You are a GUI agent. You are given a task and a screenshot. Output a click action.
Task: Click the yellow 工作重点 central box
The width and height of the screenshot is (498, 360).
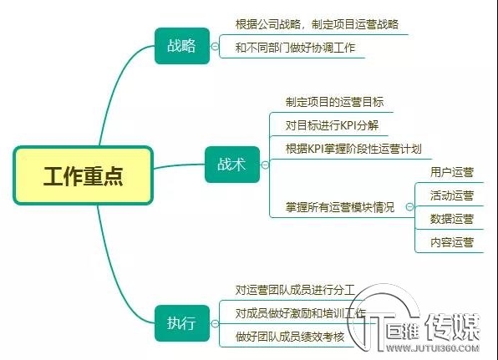(84, 175)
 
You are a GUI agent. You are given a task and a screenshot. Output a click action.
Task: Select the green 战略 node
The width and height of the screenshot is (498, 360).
(182, 46)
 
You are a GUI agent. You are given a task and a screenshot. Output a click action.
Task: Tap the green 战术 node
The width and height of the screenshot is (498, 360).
(232, 165)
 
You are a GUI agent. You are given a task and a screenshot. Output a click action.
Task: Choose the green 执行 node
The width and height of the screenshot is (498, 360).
(182, 323)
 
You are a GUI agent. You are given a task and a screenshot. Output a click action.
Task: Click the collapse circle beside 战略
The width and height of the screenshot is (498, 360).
(215, 46)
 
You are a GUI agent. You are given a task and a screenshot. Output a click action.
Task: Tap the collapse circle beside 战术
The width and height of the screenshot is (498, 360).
(265, 165)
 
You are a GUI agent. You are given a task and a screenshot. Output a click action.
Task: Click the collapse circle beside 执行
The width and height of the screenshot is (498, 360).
(215, 323)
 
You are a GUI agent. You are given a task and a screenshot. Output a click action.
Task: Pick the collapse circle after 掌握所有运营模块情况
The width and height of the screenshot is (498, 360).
(410, 207)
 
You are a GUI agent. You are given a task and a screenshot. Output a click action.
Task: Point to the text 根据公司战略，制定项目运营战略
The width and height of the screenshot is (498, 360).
(317, 24)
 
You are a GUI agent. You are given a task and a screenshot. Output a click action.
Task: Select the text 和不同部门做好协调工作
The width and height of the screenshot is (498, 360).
(295, 48)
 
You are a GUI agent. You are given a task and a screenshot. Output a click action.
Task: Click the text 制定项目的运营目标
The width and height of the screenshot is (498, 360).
(334, 102)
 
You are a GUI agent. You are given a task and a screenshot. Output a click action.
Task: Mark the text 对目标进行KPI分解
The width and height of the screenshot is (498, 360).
(332, 125)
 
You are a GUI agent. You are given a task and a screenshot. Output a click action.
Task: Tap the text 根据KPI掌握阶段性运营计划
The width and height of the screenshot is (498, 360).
(353, 149)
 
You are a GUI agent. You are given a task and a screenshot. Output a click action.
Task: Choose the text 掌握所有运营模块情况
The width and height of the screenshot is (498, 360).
(340, 207)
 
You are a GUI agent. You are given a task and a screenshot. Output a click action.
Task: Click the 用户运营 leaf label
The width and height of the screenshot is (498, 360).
(452, 172)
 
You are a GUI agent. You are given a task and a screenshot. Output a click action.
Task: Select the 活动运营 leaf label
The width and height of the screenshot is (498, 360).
(452, 195)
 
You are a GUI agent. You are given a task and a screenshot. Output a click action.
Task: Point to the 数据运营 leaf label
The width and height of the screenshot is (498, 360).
(452, 219)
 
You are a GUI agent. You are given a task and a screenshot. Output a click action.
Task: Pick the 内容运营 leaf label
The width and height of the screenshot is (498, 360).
(452, 242)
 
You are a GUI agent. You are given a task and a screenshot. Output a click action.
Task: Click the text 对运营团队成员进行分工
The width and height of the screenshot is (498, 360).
(295, 290)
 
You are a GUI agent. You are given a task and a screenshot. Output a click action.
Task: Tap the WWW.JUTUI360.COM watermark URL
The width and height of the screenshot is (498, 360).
(433, 348)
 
